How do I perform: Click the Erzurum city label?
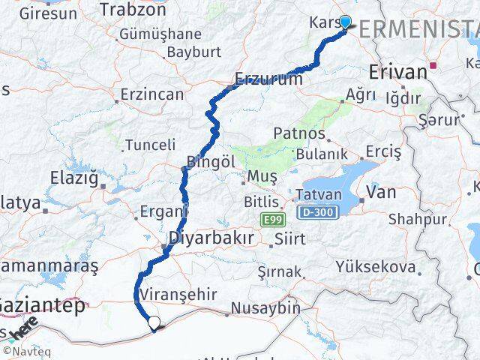click(268, 78)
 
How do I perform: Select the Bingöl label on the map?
click(211, 161)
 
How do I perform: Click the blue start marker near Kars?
click(345, 22)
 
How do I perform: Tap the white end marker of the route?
click(154, 323)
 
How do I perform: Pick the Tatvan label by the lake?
click(320, 194)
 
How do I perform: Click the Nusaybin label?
click(265, 307)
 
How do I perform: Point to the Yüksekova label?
click(376, 267)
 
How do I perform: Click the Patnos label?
click(299, 133)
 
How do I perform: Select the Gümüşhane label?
click(160, 34)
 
